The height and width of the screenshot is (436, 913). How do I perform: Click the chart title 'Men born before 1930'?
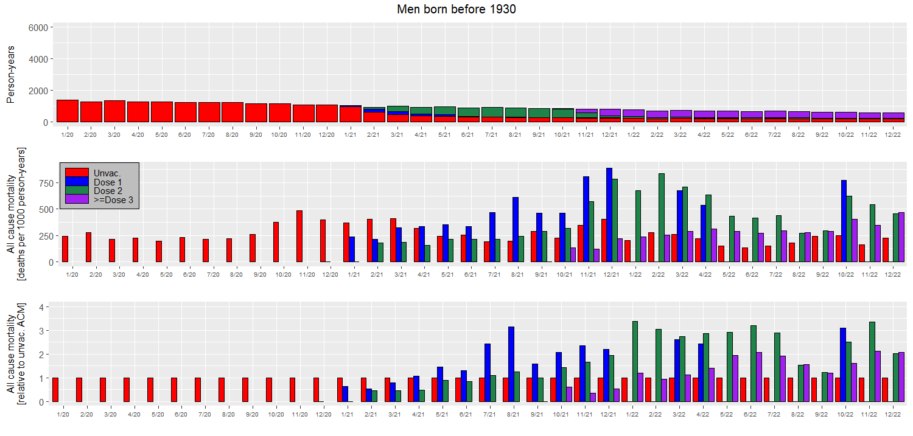(x=456, y=9)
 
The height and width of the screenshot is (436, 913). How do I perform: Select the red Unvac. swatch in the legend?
(x=77, y=173)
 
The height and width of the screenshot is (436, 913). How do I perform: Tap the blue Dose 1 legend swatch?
(x=77, y=182)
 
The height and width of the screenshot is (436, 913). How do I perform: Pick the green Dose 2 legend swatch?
(x=77, y=190)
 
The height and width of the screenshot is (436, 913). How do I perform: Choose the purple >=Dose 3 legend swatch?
(x=77, y=199)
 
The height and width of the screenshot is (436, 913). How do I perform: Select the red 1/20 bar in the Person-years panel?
(x=67, y=111)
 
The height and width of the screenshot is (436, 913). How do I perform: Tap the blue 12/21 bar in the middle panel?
(x=609, y=215)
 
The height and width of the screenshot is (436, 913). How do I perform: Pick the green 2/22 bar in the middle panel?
(x=662, y=218)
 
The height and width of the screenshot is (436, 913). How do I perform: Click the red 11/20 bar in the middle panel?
(x=299, y=236)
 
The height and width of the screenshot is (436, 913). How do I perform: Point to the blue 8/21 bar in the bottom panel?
(x=511, y=364)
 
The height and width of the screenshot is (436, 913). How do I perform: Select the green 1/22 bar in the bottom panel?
(x=635, y=361)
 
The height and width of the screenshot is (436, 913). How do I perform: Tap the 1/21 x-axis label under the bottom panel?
(x=347, y=414)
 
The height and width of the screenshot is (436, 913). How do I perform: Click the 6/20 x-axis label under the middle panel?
(x=189, y=275)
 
